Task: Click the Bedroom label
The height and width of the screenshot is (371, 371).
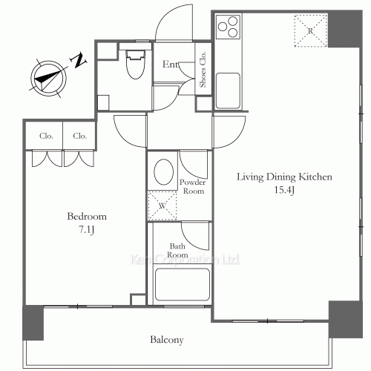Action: point(87,217)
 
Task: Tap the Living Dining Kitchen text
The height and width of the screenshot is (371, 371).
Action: point(284,177)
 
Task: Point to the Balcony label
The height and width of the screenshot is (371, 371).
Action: point(167,340)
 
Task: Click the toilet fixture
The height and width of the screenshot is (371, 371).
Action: point(135,65)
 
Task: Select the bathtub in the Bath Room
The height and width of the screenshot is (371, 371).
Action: point(183,284)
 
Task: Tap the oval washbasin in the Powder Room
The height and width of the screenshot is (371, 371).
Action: point(163,171)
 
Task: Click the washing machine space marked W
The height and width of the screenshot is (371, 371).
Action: point(162,206)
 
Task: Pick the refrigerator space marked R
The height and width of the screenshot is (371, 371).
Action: point(310,31)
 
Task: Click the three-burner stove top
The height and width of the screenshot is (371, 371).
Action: point(228,27)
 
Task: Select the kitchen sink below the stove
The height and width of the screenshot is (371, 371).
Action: point(228,91)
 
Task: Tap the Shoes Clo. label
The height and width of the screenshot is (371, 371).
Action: point(203,69)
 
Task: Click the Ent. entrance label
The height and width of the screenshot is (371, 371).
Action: point(171,65)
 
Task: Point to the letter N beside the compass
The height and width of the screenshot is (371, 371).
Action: point(79,60)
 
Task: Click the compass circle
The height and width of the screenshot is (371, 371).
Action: point(48,79)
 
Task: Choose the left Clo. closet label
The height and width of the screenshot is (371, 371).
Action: point(46,136)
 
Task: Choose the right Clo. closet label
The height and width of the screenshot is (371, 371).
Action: point(80,136)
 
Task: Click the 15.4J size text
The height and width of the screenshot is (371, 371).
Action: point(284,190)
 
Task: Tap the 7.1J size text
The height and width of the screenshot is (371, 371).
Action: point(87,230)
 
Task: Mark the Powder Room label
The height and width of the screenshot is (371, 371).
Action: point(193,186)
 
